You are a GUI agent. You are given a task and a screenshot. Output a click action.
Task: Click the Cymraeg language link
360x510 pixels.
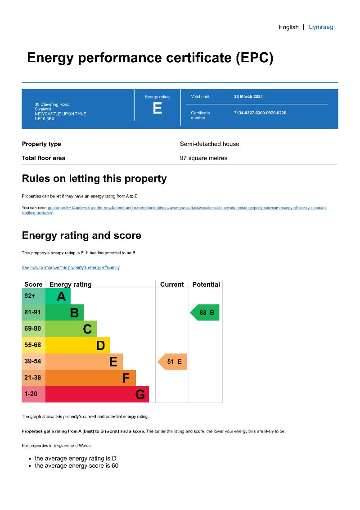click(x=320, y=27)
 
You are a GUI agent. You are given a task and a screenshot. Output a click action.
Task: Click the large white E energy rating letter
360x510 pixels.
click(x=157, y=108)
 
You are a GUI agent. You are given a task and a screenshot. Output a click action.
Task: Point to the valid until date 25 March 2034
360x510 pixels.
click(x=248, y=97)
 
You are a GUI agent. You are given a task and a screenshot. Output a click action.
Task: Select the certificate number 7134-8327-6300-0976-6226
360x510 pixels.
click(x=260, y=113)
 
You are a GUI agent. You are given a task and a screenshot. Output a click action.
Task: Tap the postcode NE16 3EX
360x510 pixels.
click(x=45, y=119)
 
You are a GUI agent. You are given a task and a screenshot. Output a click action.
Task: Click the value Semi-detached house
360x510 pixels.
click(x=209, y=144)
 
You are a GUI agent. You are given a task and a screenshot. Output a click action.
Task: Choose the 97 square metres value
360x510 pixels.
click(x=203, y=158)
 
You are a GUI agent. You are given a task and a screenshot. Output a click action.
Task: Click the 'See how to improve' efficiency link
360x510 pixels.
click(x=71, y=267)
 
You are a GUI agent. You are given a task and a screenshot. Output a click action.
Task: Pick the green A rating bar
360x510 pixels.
click(x=58, y=296)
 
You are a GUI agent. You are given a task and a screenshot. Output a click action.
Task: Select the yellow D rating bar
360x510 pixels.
click(x=77, y=345)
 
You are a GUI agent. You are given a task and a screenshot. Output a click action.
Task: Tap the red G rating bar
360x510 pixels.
click(x=97, y=394)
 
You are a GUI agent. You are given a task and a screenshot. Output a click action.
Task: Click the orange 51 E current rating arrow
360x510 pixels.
click(x=172, y=361)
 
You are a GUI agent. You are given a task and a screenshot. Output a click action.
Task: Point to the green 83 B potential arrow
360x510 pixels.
click(x=205, y=312)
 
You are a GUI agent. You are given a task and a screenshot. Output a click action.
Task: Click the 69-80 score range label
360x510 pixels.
click(x=33, y=329)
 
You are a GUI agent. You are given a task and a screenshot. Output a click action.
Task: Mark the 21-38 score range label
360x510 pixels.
click(x=33, y=378)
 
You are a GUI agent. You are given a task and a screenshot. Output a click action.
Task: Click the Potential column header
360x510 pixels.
click(x=206, y=284)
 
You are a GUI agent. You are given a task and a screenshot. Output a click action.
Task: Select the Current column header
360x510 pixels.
click(x=172, y=284)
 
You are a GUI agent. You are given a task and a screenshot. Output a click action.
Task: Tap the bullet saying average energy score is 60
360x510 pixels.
click(x=76, y=465)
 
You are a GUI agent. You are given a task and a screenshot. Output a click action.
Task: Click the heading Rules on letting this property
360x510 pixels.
click(x=94, y=179)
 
